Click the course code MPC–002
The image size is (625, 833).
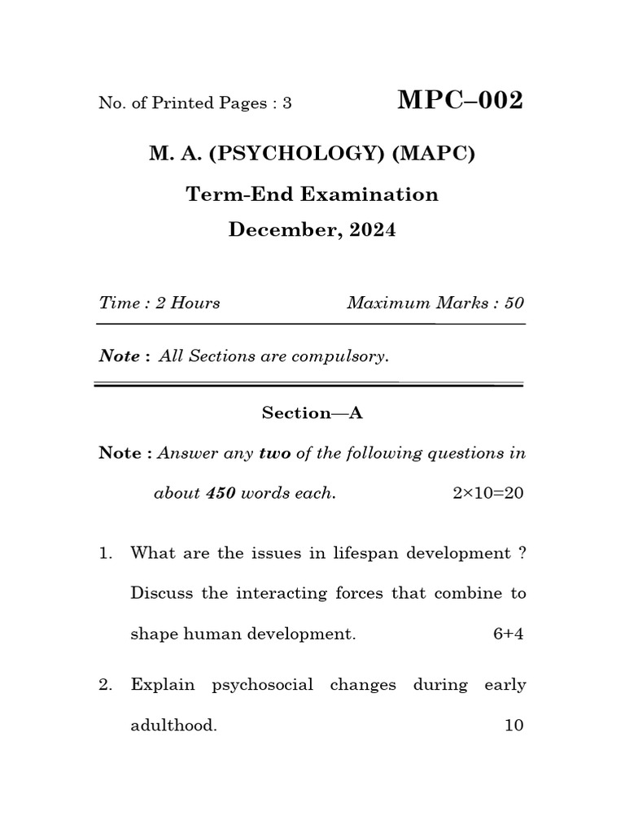[460, 101]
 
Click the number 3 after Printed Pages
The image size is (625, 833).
[286, 103]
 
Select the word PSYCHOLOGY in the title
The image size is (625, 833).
[296, 154]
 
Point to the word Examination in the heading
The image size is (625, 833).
[370, 194]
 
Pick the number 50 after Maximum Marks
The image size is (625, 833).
[514, 303]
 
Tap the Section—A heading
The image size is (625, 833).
[312, 413]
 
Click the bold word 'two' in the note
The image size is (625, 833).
[275, 453]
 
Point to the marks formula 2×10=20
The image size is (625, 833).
[487, 494]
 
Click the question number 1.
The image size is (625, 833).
[104, 553]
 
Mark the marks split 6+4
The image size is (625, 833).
[508, 635]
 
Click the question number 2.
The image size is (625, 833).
[104, 685]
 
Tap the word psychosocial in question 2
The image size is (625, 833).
[262, 685]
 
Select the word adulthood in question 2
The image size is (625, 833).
[173, 726]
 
